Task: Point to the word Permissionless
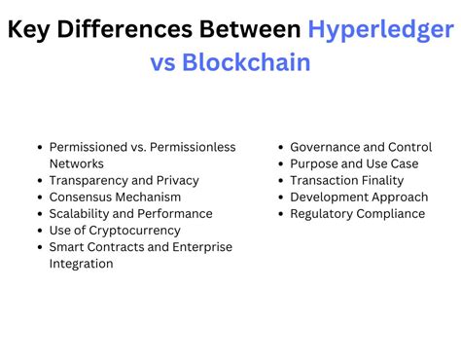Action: coord(192,147)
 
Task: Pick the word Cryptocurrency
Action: coord(133,230)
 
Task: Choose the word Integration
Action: coord(81,263)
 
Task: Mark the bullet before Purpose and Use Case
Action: coord(280,163)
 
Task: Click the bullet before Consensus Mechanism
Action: coord(39,197)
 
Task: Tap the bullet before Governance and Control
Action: coord(280,147)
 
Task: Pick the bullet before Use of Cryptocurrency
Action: coord(39,230)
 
